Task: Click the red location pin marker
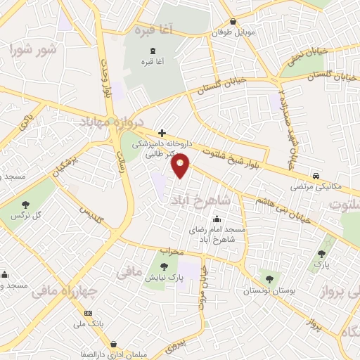tap(181, 165)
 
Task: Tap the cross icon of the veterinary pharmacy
tap(162, 132)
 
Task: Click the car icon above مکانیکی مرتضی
tap(317, 176)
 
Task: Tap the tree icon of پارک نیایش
tap(163, 266)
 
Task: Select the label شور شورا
tap(32, 50)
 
